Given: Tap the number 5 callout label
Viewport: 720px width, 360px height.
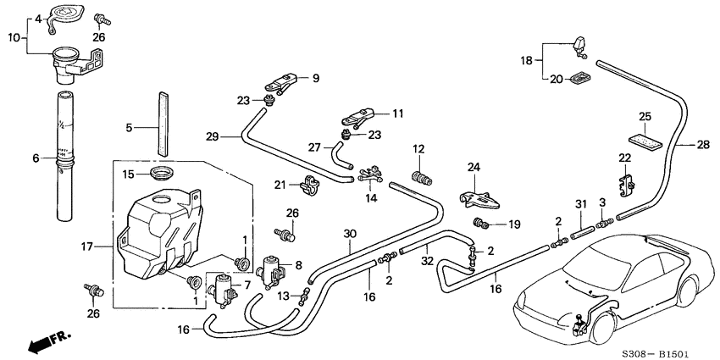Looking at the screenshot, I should [130, 128].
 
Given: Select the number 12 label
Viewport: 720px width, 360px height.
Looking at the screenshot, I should [418, 149].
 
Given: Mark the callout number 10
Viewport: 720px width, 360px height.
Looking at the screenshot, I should [14, 38].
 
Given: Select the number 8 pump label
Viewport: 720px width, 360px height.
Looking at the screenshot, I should [297, 264].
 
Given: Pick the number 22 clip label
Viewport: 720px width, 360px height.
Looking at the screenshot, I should [625, 158].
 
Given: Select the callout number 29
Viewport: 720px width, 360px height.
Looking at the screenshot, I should [212, 136].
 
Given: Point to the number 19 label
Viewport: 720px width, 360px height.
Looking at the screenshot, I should [514, 225].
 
